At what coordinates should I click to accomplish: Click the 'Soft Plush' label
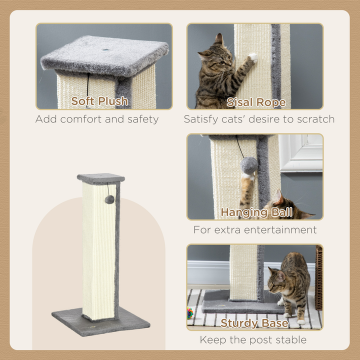point(99,101)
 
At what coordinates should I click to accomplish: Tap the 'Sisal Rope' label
point(256,102)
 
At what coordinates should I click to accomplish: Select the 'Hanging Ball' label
point(256,212)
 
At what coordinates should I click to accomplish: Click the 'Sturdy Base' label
point(254,323)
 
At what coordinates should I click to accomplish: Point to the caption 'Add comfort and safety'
point(97,119)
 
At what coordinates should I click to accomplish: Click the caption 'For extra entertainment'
point(255,230)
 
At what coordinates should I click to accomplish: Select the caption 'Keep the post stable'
point(253,340)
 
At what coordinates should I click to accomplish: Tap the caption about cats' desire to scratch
point(259,119)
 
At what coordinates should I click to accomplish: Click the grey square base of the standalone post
point(100,320)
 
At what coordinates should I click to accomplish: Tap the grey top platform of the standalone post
point(101,178)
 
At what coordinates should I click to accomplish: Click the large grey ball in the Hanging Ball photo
point(249,165)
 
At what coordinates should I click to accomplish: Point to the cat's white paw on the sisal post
point(253,57)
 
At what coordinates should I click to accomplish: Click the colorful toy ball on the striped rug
point(190,313)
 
